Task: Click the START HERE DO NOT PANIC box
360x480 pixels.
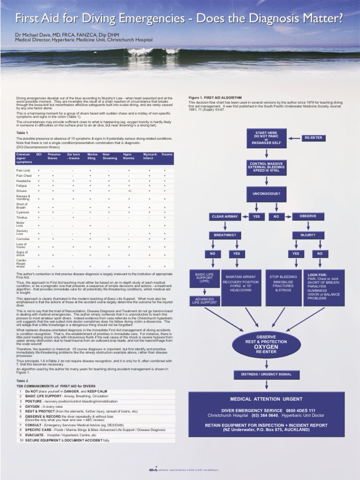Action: click(x=266, y=138)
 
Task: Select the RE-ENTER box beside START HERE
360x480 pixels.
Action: click(x=313, y=138)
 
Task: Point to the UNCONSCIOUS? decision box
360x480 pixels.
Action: click(x=266, y=193)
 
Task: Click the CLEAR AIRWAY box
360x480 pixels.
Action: click(x=225, y=217)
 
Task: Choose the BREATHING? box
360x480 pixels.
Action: click(x=225, y=235)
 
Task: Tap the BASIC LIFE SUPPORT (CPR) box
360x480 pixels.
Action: click(x=201, y=279)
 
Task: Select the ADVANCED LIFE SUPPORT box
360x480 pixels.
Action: click(x=201, y=300)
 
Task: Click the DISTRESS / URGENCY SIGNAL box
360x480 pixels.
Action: click(x=266, y=374)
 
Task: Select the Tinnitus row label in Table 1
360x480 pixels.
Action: click(x=22, y=217)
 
